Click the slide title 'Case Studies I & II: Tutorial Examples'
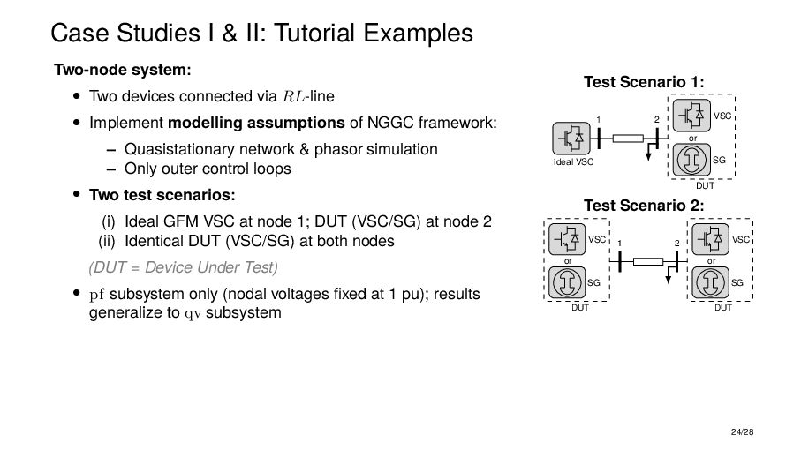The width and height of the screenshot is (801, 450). [261, 34]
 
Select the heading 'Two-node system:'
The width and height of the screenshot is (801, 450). [123, 70]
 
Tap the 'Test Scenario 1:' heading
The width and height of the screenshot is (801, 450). [644, 82]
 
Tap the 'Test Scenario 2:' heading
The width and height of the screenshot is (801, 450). [644, 206]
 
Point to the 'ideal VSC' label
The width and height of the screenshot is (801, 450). [572, 161]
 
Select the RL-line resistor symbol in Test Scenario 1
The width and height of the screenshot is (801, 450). [627, 138]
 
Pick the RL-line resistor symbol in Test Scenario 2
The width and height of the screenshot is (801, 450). [647, 261]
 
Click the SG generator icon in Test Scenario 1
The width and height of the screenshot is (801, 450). [693, 161]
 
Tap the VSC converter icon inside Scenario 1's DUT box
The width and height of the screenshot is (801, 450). [693, 115]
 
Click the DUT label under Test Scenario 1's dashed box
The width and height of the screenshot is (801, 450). [704, 186]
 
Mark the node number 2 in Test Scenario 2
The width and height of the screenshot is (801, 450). [676, 244]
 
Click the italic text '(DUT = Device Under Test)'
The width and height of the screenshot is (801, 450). [183, 267]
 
